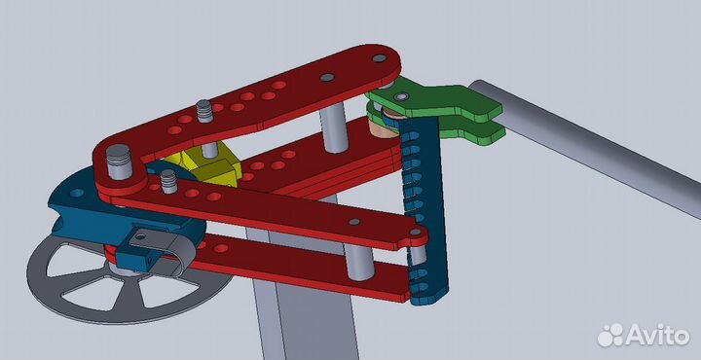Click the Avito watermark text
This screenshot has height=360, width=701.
tap(656, 335)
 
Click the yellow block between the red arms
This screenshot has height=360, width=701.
tap(205, 165)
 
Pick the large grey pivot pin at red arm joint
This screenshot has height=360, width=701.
tap(119, 162)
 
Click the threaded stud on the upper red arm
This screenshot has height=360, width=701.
tap(204, 111)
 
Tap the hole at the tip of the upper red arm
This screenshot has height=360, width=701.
tap(379, 58)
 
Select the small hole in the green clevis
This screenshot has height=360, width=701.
tap(402, 96)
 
